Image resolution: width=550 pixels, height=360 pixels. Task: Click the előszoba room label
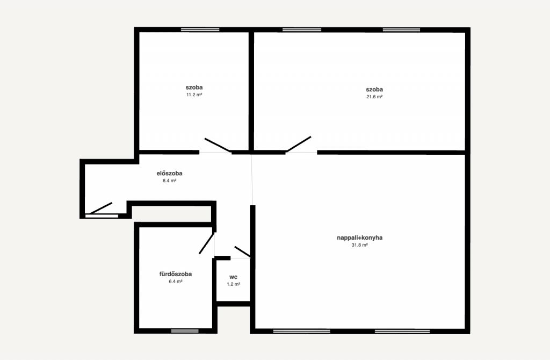click(169, 174)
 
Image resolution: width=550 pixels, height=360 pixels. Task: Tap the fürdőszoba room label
click(176, 274)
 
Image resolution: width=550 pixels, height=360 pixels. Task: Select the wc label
click(233, 277)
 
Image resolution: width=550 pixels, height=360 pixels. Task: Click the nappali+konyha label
click(359, 237)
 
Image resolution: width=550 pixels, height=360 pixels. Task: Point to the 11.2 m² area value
click(194, 95)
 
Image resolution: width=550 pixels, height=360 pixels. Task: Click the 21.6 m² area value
click(374, 97)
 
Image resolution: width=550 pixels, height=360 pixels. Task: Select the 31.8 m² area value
click(359, 245)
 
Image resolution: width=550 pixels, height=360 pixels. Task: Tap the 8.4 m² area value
click(169, 181)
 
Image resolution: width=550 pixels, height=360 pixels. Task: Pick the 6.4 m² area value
click(176, 282)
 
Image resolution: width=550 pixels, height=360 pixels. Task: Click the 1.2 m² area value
click(233, 284)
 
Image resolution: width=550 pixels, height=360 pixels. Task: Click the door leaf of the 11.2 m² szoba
click(218, 145)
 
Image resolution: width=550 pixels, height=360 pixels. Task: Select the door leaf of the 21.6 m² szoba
click(299, 144)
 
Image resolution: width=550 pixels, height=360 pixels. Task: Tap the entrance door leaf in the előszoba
click(100, 208)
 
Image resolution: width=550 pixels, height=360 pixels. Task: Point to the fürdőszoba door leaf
click(207, 243)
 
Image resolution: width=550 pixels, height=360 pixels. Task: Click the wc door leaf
click(242, 251)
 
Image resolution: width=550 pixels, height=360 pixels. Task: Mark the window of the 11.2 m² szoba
click(200, 30)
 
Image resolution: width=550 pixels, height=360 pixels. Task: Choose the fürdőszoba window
click(185, 331)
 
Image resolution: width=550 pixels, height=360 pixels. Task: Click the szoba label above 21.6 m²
click(374, 90)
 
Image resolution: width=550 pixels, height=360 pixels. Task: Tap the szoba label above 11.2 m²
click(194, 88)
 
